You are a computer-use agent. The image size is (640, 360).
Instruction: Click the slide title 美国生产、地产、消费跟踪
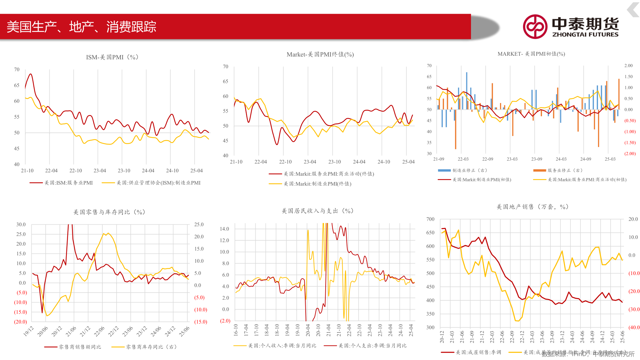coord(81,27)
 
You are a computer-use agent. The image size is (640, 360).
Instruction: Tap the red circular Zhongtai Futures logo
coord(535,27)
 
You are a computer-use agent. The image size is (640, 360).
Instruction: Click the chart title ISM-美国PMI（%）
coord(112,57)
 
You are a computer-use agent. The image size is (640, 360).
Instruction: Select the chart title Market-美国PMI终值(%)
coord(320,54)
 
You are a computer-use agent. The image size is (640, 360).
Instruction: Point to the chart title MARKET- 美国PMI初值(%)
coord(531,54)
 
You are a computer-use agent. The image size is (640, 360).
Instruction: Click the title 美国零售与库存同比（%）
coord(109,212)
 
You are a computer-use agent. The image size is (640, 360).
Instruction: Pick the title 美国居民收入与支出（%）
coord(317,211)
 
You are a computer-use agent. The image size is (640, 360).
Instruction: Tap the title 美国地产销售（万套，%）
coord(532,207)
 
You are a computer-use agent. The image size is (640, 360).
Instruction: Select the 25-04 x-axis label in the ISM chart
coord(196,171)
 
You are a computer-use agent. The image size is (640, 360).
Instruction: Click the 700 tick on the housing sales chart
coord(430,219)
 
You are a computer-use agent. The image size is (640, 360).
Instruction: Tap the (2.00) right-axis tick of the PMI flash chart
coord(630,154)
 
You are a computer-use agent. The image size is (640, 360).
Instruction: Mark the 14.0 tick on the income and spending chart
coord(224,229)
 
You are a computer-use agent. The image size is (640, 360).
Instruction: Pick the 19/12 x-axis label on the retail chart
coord(29,331)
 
